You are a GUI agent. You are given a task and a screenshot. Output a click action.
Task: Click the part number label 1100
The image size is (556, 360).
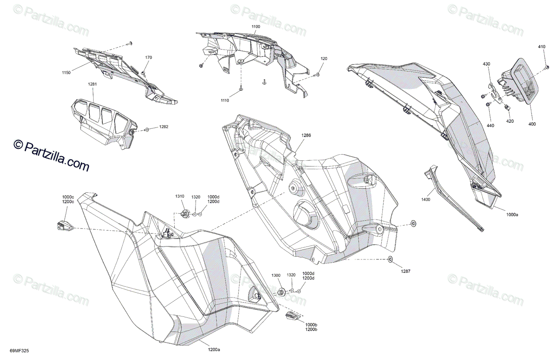(x=256, y=27)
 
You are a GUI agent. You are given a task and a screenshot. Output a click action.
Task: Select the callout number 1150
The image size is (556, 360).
(x=66, y=73)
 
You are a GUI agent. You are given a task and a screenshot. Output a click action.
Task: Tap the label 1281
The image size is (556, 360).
(x=93, y=84)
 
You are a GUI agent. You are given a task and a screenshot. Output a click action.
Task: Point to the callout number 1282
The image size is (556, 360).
(x=164, y=126)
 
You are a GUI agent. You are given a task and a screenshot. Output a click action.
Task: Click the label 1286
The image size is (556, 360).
(x=306, y=136)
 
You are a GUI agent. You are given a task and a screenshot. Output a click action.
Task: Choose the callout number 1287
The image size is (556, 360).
(x=405, y=272)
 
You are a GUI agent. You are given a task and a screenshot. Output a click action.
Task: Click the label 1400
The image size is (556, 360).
(x=426, y=200)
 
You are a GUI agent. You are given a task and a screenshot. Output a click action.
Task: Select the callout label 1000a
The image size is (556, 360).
(x=512, y=215)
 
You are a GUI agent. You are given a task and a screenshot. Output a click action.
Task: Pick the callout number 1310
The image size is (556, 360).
(x=180, y=196)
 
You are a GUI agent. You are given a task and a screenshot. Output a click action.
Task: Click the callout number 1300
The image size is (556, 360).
(x=276, y=275)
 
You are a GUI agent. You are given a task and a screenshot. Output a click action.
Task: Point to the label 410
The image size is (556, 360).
(x=542, y=47)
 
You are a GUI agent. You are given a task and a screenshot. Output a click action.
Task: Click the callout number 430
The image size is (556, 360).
(x=486, y=63)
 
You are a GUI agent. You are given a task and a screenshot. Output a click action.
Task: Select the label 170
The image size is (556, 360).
(x=148, y=57)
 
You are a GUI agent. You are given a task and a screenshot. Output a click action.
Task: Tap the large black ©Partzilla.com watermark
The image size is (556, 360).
(x=51, y=156)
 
